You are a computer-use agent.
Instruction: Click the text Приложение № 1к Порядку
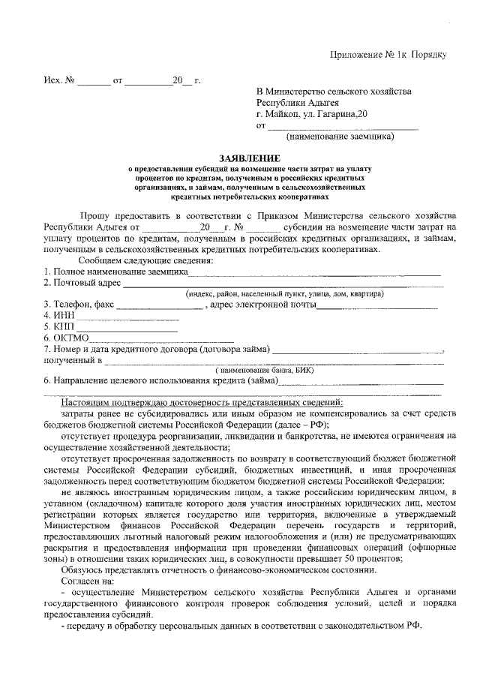(389, 56)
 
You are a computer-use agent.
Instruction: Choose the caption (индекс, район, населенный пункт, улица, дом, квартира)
(285, 294)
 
